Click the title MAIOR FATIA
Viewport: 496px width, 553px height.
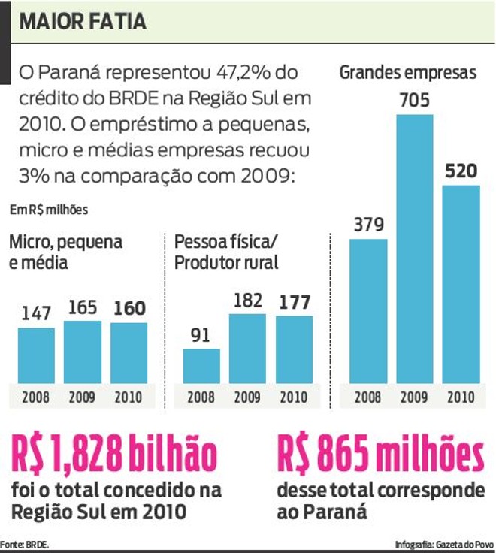(x=83, y=21)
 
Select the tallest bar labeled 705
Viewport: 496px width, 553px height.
(x=415, y=248)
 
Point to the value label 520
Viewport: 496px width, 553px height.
(x=461, y=171)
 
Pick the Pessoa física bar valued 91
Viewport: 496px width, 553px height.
(x=201, y=366)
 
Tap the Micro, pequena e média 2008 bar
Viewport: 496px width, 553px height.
(x=36, y=355)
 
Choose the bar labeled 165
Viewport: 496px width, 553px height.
(x=82, y=352)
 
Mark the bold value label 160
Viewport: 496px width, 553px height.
(x=129, y=308)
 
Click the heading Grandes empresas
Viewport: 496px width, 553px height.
(x=409, y=73)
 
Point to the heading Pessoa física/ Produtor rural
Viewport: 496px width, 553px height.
(x=226, y=252)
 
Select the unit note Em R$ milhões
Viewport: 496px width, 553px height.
(x=48, y=210)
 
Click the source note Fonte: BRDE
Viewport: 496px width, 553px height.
(x=25, y=543)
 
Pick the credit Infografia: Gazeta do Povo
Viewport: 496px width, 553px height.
(x=444, y=543)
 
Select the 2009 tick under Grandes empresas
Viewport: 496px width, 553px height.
(x=415, y=397)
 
